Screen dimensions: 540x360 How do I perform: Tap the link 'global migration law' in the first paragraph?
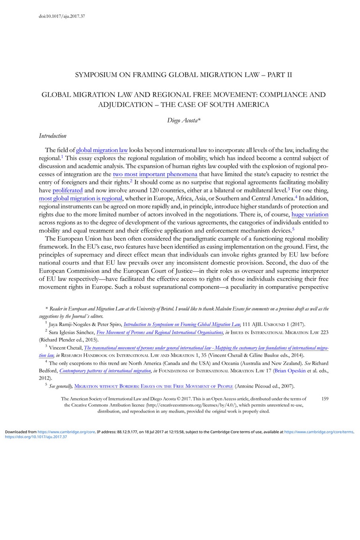coord(102,150)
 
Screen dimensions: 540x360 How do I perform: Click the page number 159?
coord(325,398)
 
